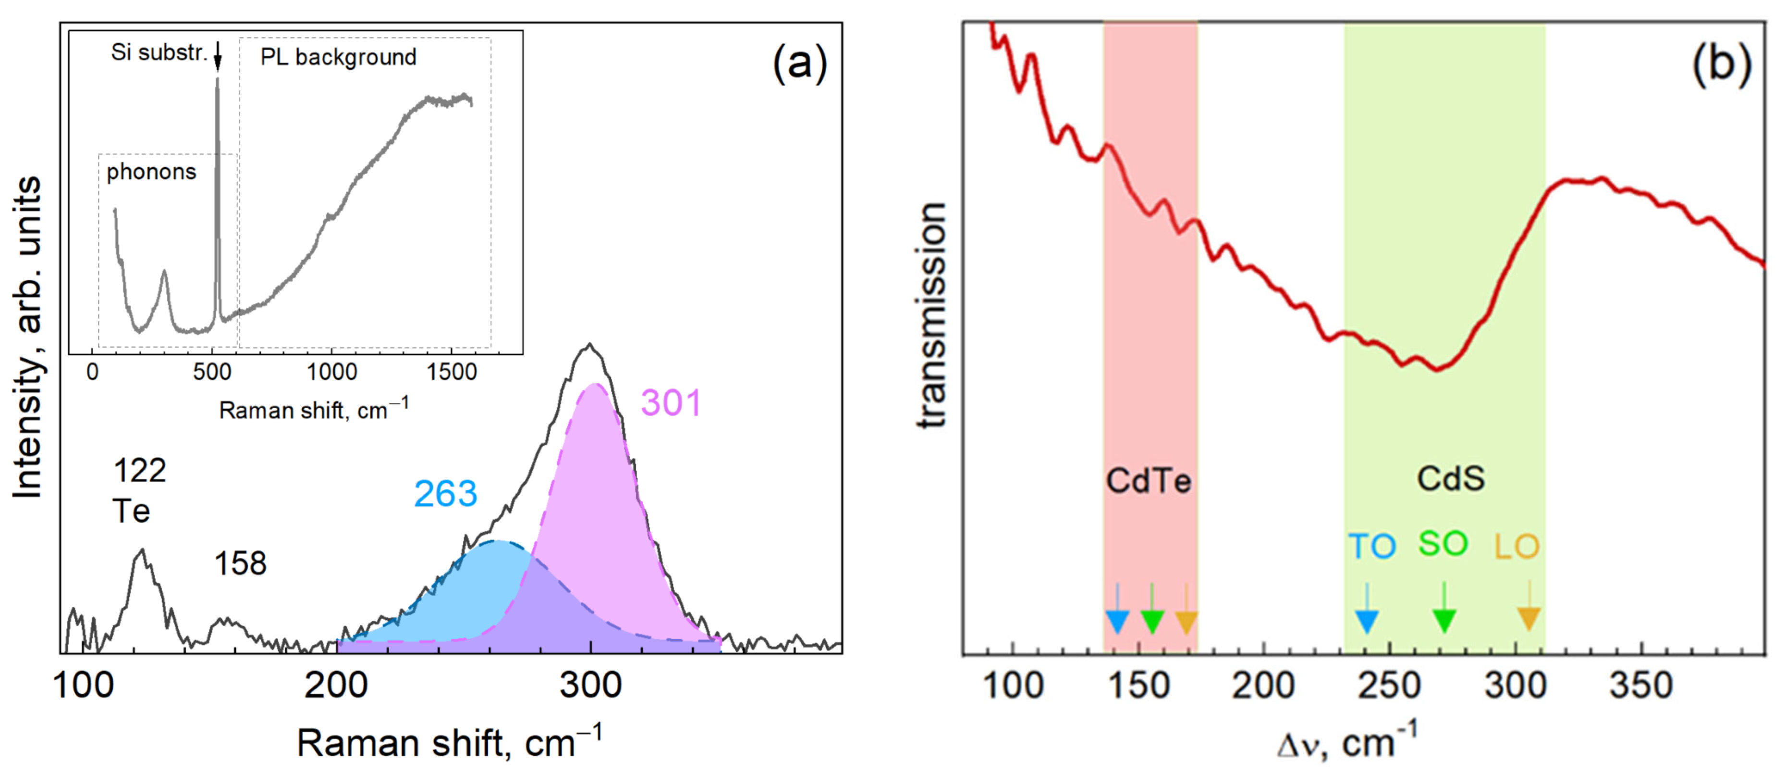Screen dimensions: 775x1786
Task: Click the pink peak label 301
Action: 671,403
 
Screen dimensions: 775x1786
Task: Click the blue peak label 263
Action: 446,495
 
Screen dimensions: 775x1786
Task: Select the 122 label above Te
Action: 139,471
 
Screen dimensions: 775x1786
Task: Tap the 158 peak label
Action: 240,563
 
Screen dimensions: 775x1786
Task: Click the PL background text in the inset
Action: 338,57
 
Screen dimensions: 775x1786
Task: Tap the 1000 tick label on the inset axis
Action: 331,373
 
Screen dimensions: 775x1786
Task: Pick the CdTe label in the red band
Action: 1149,481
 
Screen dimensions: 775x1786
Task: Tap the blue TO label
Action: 1371,547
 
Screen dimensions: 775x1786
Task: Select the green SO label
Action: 1443,544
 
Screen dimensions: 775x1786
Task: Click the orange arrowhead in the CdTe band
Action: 1187,622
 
